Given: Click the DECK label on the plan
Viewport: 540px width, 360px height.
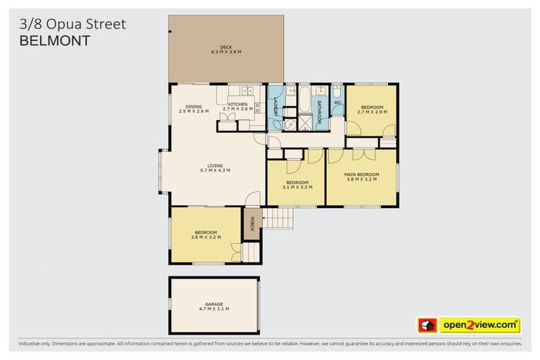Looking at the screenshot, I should (226, 48).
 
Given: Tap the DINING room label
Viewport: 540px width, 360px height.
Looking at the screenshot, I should (193, 106).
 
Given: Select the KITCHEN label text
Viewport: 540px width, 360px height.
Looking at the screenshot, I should (237, 105).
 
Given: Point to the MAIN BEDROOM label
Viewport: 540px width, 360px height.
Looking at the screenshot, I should (361, 174).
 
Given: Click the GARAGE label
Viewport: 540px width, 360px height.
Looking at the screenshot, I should (214, 304).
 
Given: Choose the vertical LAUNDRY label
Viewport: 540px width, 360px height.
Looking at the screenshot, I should (276, 108).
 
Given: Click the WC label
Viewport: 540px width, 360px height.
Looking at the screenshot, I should (337, 103).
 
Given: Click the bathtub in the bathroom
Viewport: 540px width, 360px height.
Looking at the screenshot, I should (304, 101).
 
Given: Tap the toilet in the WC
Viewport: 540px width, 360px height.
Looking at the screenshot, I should (337, 92).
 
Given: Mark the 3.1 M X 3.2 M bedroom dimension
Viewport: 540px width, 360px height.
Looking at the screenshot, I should (296, 187).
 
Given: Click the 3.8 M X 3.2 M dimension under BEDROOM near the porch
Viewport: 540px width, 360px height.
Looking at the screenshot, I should (206, 237).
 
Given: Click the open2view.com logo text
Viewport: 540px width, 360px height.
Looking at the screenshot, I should (480, 325).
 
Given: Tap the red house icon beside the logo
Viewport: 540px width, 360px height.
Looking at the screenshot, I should (427, 325).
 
